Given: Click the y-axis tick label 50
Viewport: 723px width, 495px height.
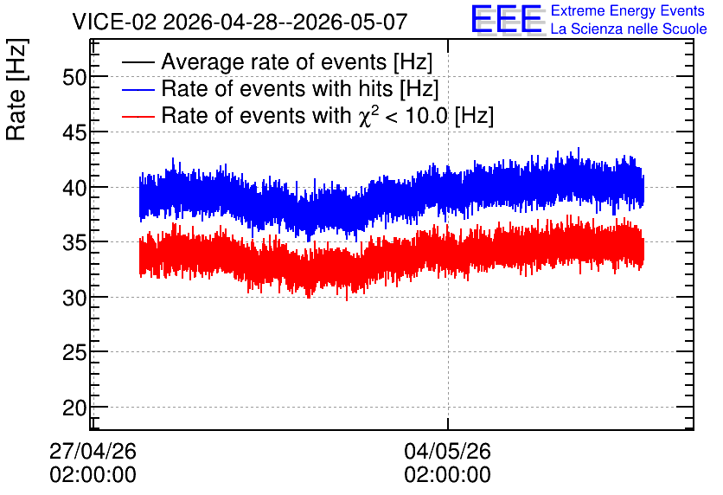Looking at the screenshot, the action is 74,78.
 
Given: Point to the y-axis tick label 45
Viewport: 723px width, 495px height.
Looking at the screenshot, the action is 74,133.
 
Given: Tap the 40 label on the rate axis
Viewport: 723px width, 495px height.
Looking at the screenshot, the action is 74,188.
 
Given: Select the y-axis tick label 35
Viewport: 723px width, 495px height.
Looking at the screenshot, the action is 74,242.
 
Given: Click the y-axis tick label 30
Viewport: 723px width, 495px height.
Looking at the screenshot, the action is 74,298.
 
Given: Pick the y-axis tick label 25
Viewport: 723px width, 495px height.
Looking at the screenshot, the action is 74,353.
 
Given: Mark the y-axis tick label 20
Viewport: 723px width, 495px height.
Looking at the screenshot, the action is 74,408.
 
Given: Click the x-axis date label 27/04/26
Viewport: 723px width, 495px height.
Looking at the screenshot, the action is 93,451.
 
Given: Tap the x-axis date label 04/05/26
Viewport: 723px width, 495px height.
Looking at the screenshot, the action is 448,451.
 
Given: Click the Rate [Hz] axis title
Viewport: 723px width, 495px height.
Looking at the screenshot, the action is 16,90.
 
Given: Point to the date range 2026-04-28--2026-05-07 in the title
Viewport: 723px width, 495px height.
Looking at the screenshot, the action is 285,22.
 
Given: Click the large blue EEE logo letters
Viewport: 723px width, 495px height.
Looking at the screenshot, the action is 507,18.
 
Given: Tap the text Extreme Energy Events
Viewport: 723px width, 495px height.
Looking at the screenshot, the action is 628,10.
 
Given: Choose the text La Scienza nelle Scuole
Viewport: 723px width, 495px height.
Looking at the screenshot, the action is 629,29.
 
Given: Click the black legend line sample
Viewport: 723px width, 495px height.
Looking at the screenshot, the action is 138,62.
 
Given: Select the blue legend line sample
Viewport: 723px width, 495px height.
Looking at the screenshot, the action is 138,89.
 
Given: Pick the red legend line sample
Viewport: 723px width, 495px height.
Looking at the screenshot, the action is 138,116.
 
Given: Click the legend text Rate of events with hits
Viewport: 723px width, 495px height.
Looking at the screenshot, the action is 277,88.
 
